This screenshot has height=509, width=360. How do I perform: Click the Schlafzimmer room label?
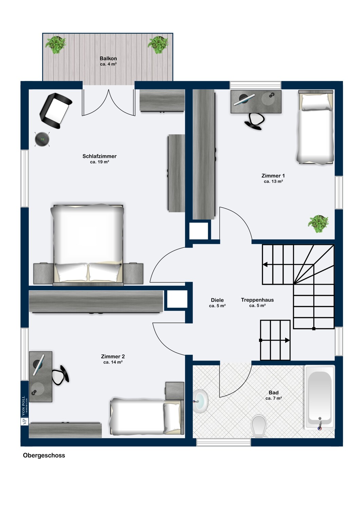click(x=100, y=156)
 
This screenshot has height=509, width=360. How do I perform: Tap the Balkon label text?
click(x=108, y=58)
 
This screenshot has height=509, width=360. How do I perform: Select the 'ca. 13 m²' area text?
click(x=273, y=181)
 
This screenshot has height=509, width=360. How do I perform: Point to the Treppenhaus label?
click(x=257, y=300)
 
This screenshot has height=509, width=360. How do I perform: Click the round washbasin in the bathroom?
click(x=200, y=401)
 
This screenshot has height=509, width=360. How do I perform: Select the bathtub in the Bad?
click(x=320, y=397)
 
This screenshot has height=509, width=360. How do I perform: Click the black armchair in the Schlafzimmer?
click(x=56, y=111)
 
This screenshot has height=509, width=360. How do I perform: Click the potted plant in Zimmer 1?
click(x=318, y=224)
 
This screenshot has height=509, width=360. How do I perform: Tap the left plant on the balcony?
click(x=56, y=45)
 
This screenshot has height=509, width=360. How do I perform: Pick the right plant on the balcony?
click(x=158, y=45)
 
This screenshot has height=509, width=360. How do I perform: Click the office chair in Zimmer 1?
click(x=255, y=121)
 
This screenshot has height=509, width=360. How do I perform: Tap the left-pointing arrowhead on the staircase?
click(x=265, y=264)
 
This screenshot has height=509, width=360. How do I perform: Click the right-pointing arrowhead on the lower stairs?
click(x=287, y=340)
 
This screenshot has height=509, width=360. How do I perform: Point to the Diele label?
click(x=217, y=300)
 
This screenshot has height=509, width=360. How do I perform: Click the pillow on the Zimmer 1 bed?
click(x=316, y=102)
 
